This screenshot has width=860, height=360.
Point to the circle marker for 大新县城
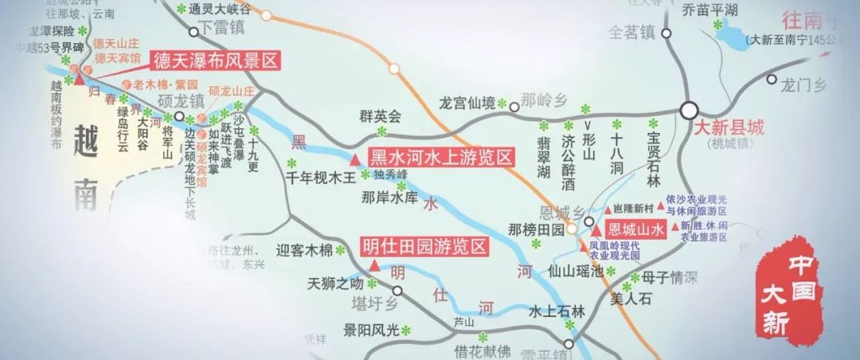[x=689, y=111]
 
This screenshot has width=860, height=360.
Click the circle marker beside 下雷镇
[x=193, y=33]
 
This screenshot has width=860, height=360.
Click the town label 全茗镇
[x=631, y=33]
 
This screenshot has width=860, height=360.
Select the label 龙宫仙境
[x=467, y=103]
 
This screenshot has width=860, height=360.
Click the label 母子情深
[x=670, y=277]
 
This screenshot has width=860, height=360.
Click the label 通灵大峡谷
[x=222, y=10]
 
